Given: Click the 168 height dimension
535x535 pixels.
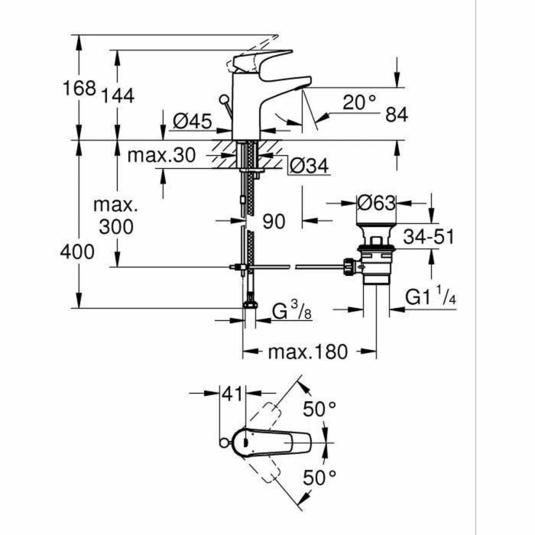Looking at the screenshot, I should pos(78,88).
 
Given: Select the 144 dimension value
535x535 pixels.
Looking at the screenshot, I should pos(118,96).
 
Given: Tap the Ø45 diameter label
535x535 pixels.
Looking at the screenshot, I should pos(192,121).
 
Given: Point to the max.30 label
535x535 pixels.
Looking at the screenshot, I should pos(160,156).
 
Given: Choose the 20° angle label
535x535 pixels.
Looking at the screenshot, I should pos(358,102).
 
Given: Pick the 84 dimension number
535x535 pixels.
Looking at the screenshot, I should pos(396,115).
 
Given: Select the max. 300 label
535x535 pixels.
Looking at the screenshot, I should pos(115,216).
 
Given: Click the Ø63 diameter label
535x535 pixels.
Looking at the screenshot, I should pos(377,204).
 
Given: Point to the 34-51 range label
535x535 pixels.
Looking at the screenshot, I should pos(429,237).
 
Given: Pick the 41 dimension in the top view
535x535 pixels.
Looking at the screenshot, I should pos(232,394).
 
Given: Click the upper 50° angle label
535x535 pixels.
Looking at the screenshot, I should pos(319,409).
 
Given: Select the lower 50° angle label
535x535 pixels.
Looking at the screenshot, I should pos(319,479).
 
